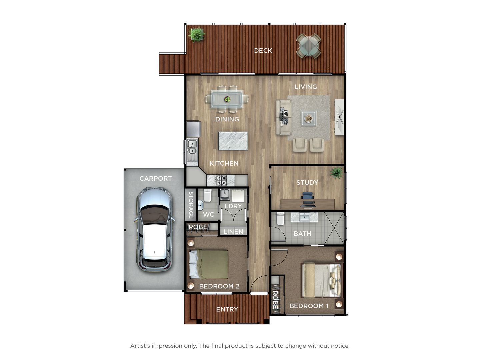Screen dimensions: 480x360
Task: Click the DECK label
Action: [x=263, y=50]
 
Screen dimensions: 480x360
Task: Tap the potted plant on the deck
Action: [x=196, y=34]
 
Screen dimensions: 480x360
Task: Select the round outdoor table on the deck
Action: [x=309, y=46]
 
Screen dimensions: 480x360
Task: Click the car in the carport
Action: [x=155, y=230]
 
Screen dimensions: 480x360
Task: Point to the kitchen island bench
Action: [x=233, y=141]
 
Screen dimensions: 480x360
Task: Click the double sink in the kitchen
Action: [x=192, y=147]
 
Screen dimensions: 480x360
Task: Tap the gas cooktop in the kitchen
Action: [x=221, y=180]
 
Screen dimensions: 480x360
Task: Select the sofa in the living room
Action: [x=284, y=117]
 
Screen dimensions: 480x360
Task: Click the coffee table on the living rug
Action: [x=309, y=118]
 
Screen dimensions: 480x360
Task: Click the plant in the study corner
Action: [x=337, y=173]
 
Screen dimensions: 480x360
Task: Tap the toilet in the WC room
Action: [x=208, y=195]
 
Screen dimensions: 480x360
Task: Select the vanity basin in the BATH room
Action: [x=304, y=217]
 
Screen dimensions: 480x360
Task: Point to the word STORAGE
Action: [x=191, y=205]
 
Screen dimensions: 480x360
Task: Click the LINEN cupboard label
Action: [x=233, y=232]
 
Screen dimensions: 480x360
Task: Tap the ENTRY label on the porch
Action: [x=227, y=309]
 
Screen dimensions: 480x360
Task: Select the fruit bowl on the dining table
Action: [x=227, y=99]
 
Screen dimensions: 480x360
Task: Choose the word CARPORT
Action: [x=155, y=178]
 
